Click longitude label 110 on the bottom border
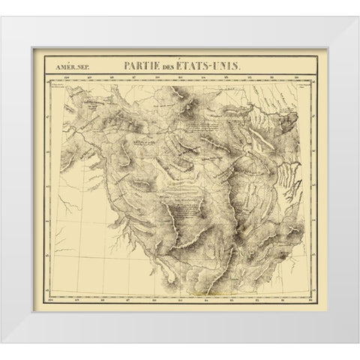click(52, 302)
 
